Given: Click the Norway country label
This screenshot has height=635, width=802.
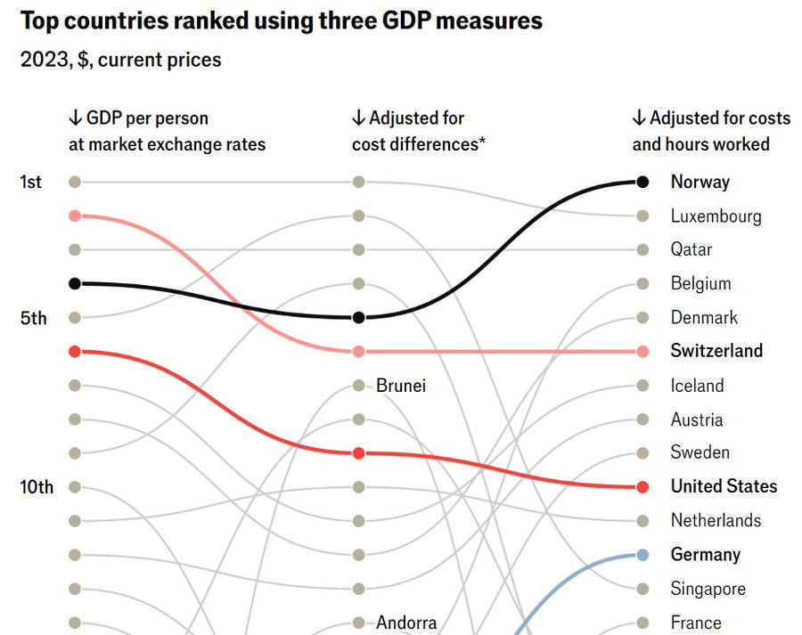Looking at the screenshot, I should pyautogui.click(x=700, y=182).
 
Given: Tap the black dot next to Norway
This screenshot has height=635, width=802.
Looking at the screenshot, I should pyautogui.click(x=642, y=182).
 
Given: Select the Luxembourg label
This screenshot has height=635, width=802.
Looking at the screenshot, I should pyautogui.click(x=716, y=216).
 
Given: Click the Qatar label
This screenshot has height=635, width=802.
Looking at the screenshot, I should pyautogui.click(x=692, y=249).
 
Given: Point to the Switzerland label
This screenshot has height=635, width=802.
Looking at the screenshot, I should pyautogui.click(x=716, y=351).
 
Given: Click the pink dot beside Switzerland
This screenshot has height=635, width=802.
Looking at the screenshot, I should pyautogui.click(x=642, y=352).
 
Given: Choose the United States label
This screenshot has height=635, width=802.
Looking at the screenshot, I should pyautogui.click(x=724, y=486).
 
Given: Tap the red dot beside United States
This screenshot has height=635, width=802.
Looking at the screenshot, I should pyautogui.click(x=642, y=487).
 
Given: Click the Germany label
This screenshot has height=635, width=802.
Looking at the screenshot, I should pyautogui.click(x=705, y=554).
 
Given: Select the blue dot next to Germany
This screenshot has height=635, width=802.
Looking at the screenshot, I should pyautogui.click(x=642, y=555).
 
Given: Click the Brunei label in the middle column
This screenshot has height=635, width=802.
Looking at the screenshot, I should pyautogui.click(x=401, y=386).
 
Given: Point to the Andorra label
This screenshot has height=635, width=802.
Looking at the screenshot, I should pyautogui.click(x=406, y=623).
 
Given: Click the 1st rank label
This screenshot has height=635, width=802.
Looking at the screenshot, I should pyautogui.click(x=30, y=182).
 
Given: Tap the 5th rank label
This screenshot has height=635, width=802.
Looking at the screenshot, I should pyautogui.click(x=32, y=318).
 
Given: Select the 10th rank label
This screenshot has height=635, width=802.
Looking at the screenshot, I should pyautogui.click(x=37, y=487).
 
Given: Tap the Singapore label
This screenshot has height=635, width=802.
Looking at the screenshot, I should pyautogui.click(x=708, y=589).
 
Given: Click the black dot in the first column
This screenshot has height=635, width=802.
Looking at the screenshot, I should pyautogui.click(x=75, y=283).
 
